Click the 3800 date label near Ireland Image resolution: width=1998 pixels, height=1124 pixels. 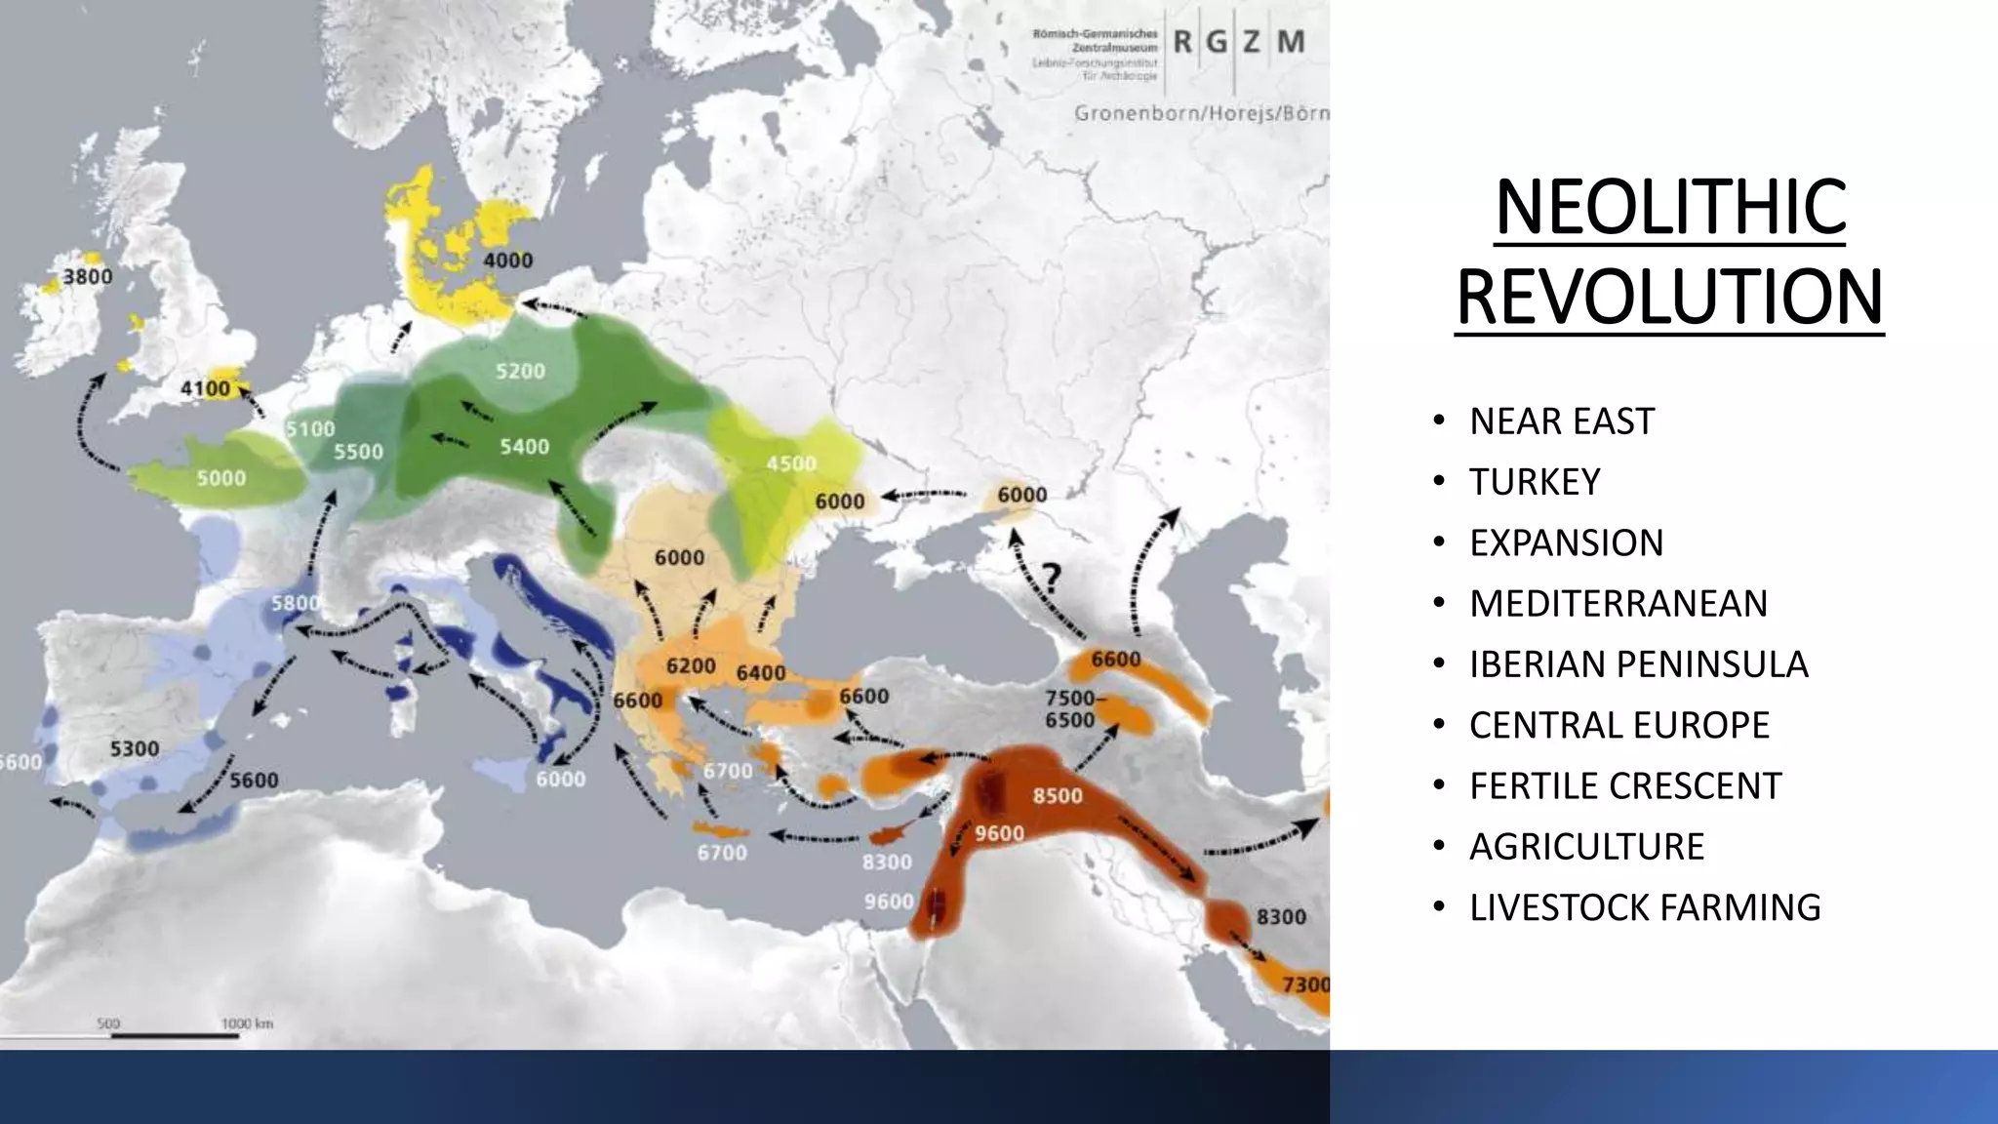coord(88,277)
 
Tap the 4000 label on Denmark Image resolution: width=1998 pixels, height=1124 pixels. coord(508,261)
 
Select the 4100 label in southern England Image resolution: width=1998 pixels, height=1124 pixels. coord(205,389)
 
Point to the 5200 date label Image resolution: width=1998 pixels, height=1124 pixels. coord(520,372)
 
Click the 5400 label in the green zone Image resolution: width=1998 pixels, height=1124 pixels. coord(524,447)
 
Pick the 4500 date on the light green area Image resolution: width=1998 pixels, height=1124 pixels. coord(790,463)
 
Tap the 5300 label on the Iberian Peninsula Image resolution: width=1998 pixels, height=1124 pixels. coord(134,749)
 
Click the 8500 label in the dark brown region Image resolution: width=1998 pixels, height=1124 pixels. coord(1058,796)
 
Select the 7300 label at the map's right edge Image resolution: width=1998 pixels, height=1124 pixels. coord(1305,984)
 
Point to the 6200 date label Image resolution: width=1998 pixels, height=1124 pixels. coord(691,666)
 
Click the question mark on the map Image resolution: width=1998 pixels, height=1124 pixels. coord(1052,578)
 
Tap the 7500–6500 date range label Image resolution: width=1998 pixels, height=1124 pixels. coord(1070,709)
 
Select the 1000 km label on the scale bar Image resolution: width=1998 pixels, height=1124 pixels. coord(247,1024)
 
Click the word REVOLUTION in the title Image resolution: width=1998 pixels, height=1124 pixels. coord(1669,298)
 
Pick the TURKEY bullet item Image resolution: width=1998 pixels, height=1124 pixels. coord(1535,482)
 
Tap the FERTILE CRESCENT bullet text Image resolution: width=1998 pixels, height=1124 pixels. coord(1625,785)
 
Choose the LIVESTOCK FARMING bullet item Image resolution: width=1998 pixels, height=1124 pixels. coord(1645,907)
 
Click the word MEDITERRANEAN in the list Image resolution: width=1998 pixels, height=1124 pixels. coord(1618,604)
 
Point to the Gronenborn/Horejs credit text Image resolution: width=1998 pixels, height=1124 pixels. coord(1201,113)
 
